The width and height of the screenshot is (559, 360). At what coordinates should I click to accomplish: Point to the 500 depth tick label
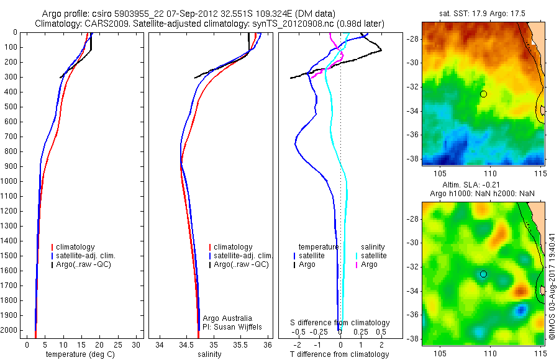(x=11, y=107)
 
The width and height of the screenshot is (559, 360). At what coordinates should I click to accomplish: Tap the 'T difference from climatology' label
(x=340, y=354)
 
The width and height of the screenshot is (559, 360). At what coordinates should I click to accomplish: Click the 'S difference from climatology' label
(x=340, y=323)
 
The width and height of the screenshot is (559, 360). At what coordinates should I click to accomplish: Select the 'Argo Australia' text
(x=228, y=318)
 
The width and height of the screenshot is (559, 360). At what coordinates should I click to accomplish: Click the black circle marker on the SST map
(x=484, y=94)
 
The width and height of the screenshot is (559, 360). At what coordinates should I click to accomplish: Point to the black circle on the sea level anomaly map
(x=484, y=274)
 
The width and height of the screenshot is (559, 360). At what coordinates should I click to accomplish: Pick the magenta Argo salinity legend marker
(x=357, y=264)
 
